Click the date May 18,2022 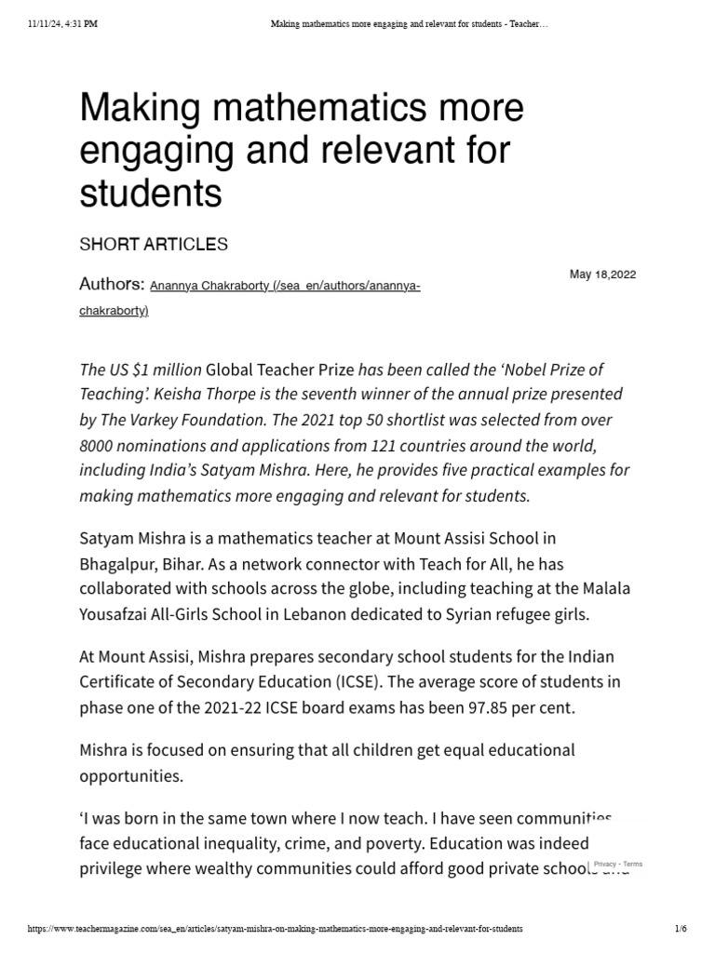point(602,275)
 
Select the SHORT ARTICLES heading point(153,245)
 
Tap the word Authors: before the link point(112,284)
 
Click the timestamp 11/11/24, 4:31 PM point(57,24)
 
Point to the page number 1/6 point(680,929)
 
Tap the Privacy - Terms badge point(618,865)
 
